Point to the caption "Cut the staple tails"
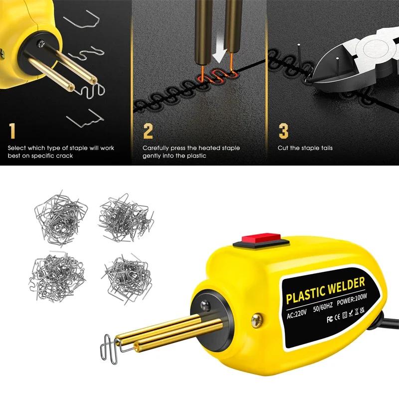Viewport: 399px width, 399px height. (x=305, y=148)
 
